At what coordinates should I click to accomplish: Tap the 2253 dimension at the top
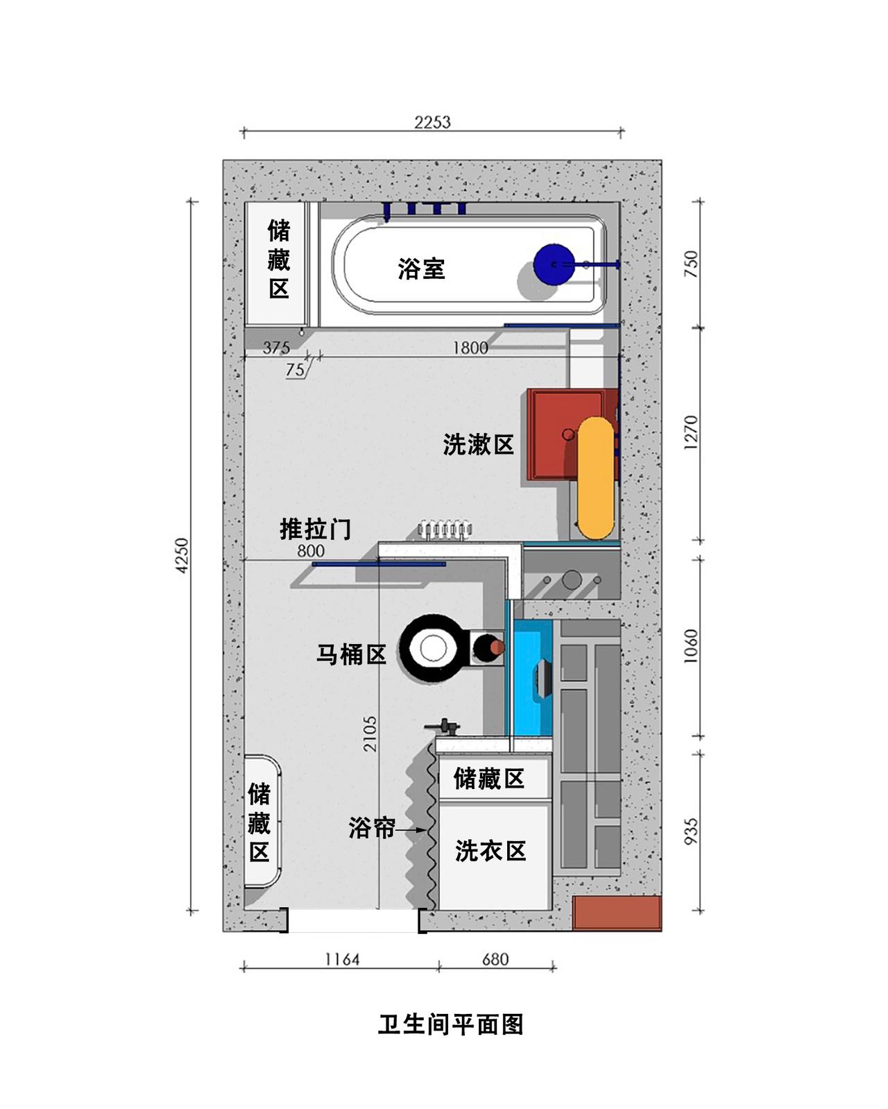tap(432, 122)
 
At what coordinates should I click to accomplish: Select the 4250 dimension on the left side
tap(182, 555)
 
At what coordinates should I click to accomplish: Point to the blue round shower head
tap(554, 264)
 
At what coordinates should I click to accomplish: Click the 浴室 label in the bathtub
tap(421, 269)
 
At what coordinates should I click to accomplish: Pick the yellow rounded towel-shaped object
tap(596, 478)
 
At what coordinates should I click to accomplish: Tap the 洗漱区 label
tap(479, 444)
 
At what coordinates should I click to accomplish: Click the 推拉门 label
tap(315, 529)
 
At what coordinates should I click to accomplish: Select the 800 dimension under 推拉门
tap(311, 551)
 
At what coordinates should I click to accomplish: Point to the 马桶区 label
tap(351, 654)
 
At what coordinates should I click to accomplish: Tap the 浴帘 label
tap(372, 828)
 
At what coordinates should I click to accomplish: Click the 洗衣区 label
tap(490, 851)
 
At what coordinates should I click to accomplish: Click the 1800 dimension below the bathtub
tap(470, 348)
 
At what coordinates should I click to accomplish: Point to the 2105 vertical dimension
tap(370, 734)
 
